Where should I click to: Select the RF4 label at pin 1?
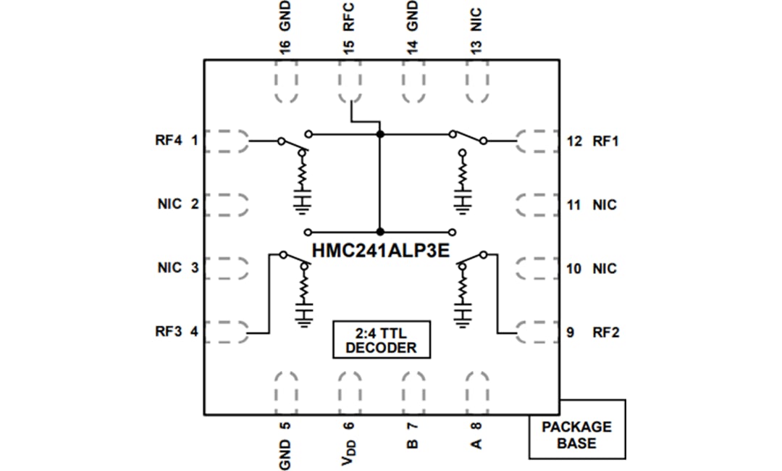coord(168,141)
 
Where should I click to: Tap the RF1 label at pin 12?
coord(605,141)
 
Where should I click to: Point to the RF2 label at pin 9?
coord(605,333)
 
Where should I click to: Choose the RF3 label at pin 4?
coord(168,333)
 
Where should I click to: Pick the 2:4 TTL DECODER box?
coord(381,340)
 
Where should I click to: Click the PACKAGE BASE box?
coord(576,434)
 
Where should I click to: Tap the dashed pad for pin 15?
coord(350,86)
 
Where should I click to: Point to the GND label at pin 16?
coord(285,14)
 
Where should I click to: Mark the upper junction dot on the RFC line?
coord(379,134)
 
